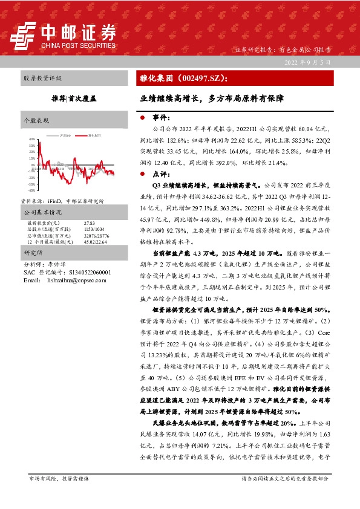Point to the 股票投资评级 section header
coord(42,79)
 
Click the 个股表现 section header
coord(36,120)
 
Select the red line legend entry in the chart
coord(91,135)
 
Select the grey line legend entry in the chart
coord(63,135)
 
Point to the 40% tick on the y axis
coord(32,139)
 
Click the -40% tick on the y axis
coord(32,190)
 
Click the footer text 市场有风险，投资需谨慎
coord(59,495)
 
